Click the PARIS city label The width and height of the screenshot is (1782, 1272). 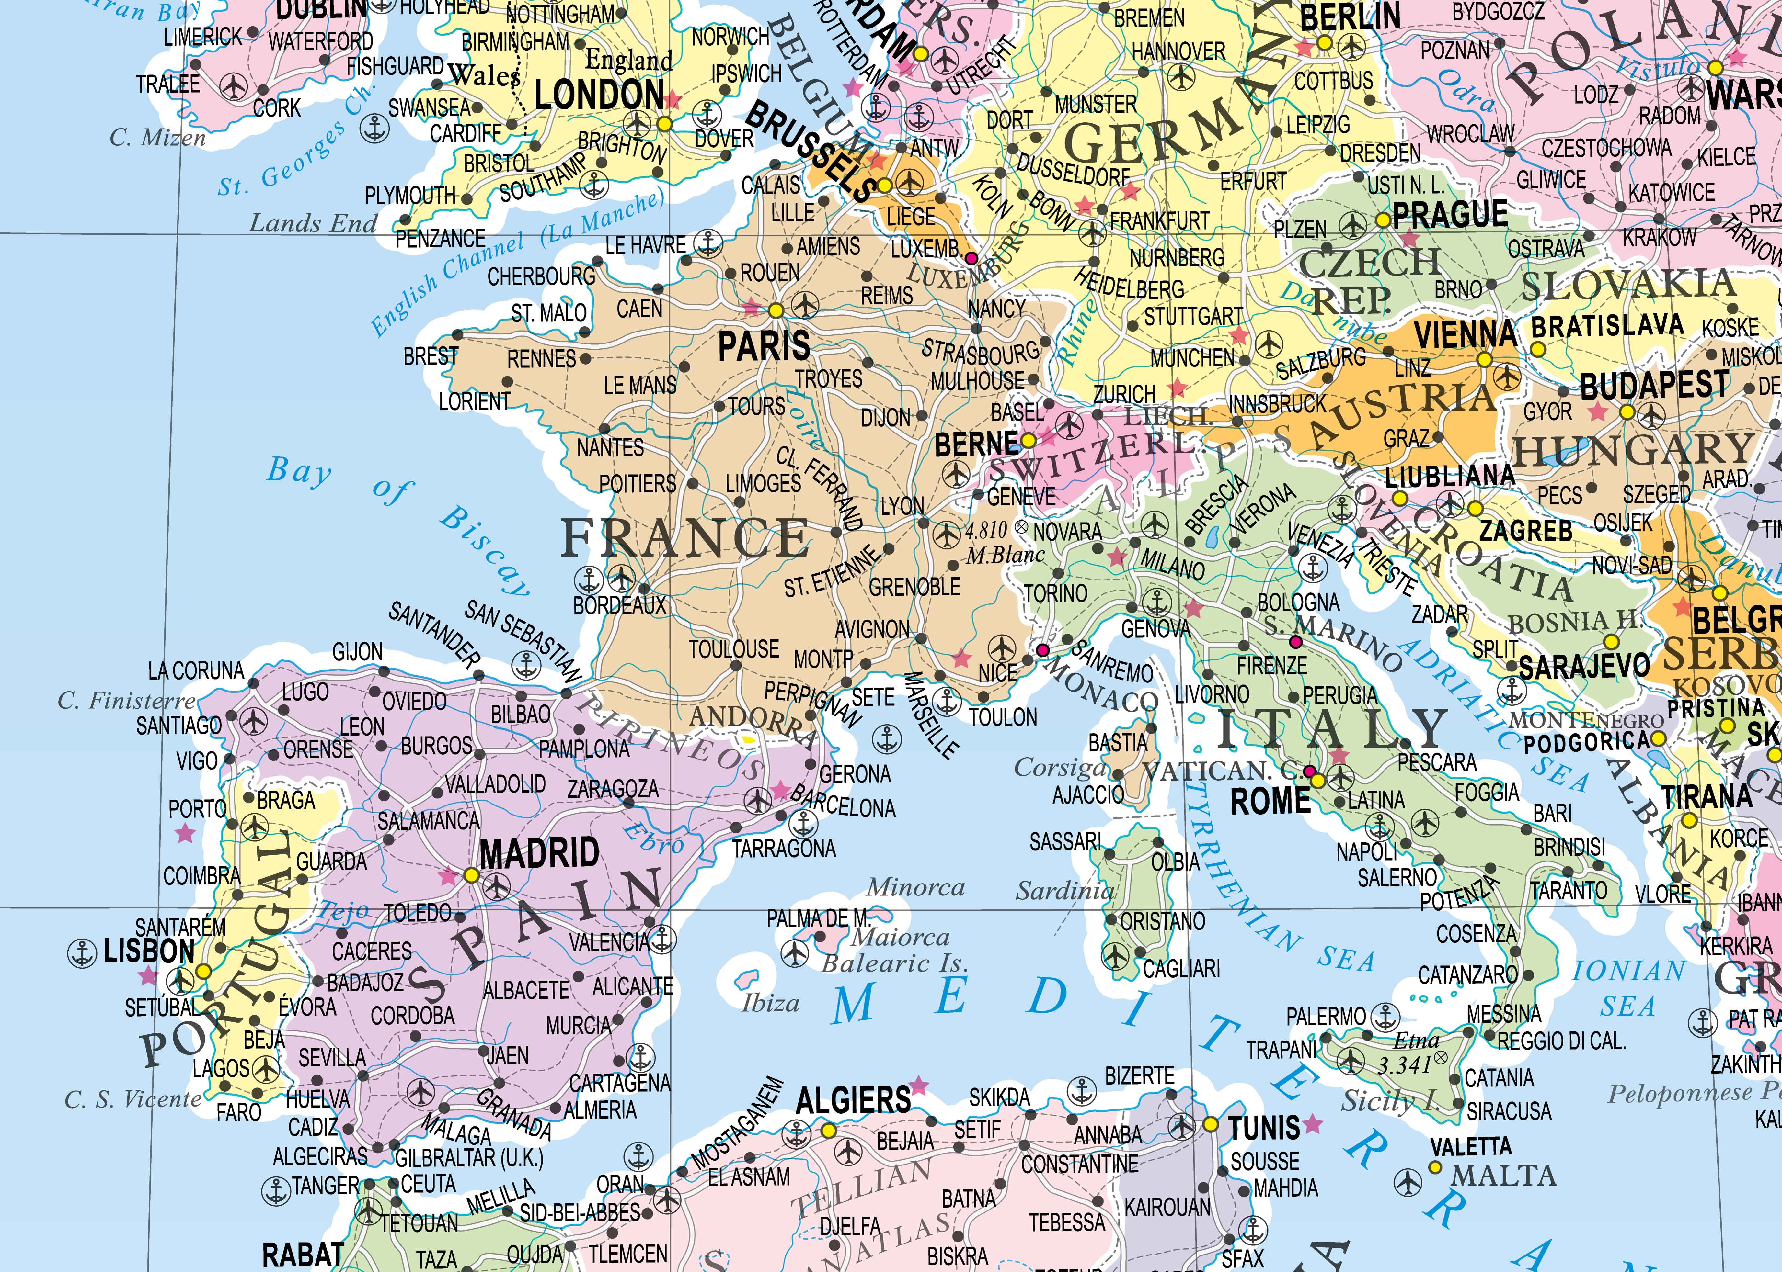click(x=764, y=345)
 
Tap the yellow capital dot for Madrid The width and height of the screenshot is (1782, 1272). click(x=471, y=875)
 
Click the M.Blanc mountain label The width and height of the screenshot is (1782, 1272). click(x=1006, y=555)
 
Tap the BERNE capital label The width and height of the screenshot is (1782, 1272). click(x=976, y=444)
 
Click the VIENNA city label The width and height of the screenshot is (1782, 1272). click(x=1465, y=334)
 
